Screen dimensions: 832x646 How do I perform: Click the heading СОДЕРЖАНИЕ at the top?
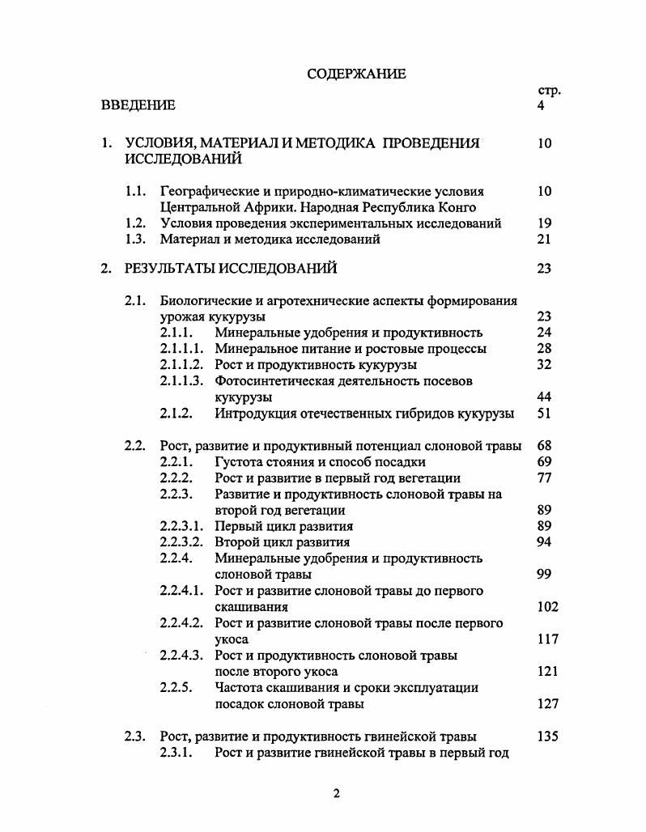tap(356, 74)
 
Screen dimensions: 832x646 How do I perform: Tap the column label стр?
tap(549, 91)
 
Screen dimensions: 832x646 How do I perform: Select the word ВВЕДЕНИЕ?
tap(138, 105)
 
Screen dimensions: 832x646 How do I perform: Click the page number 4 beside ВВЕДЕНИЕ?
tap(541, 105)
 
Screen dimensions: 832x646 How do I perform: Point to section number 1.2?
tap(135, 223)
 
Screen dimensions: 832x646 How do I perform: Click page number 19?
tap(544, 223)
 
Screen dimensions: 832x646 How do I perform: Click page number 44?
tap(544, 397)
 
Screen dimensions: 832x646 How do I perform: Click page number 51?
tap(544, 414)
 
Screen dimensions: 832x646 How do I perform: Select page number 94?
tap(544, 542)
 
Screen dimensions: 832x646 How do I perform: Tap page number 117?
tap(547, 639)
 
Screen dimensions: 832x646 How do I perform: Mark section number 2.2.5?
tap(176, 688)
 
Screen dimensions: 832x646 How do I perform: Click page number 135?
tap(547, 736)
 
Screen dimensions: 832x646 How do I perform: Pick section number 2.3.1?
tap(176, 753)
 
